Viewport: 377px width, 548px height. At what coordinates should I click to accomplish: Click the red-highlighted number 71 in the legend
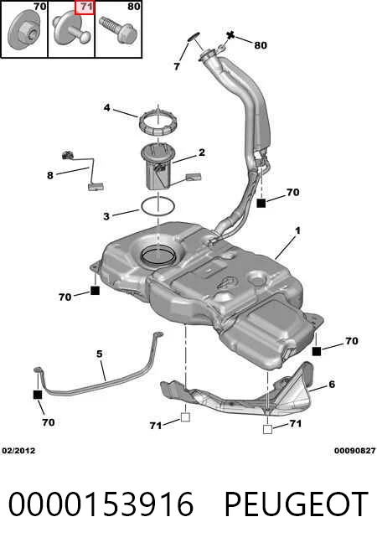click(x=85, y=7)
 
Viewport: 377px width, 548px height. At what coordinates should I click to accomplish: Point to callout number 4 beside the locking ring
click(x=106, y=108)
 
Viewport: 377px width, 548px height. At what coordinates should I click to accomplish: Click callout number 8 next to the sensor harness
click(x=50, y=175)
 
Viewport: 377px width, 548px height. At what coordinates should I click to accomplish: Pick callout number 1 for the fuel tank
click(x=297, y=230)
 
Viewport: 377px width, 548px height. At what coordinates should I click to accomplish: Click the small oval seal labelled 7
click(x=194, y=36)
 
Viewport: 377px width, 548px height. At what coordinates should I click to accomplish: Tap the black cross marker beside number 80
click(x=230, y=35)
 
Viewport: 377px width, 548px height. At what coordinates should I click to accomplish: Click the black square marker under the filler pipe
click(x=261, y=203)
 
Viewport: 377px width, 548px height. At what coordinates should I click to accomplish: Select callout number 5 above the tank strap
click(x=99, y=354)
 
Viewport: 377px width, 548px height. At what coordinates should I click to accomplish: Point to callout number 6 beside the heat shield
click(x=332, y=385)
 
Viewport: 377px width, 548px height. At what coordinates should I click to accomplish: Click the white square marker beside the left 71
click(x=185, y=417)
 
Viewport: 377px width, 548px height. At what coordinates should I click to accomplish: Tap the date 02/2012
click(x=18, y=451)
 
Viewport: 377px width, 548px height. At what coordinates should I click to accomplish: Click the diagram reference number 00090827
click(x=354, y=451)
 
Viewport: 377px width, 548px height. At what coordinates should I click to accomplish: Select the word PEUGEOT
click(x=296, y=504)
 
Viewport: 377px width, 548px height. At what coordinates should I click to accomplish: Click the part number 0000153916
click(x=101, y=504)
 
